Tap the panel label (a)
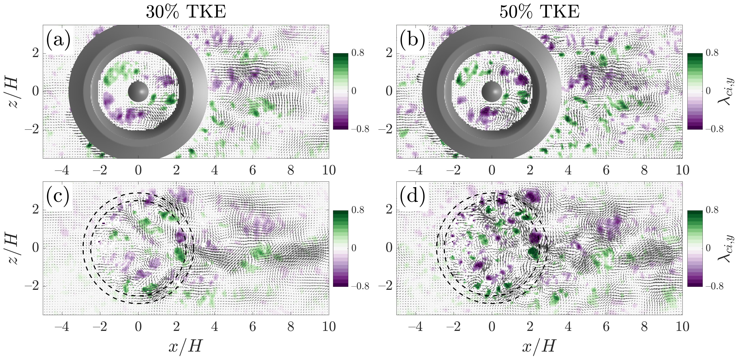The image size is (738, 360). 58,40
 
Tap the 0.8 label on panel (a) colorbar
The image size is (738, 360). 358,53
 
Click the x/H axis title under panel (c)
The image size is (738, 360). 186,346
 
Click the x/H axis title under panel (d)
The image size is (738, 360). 539,346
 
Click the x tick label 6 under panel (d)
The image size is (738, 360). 606,327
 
